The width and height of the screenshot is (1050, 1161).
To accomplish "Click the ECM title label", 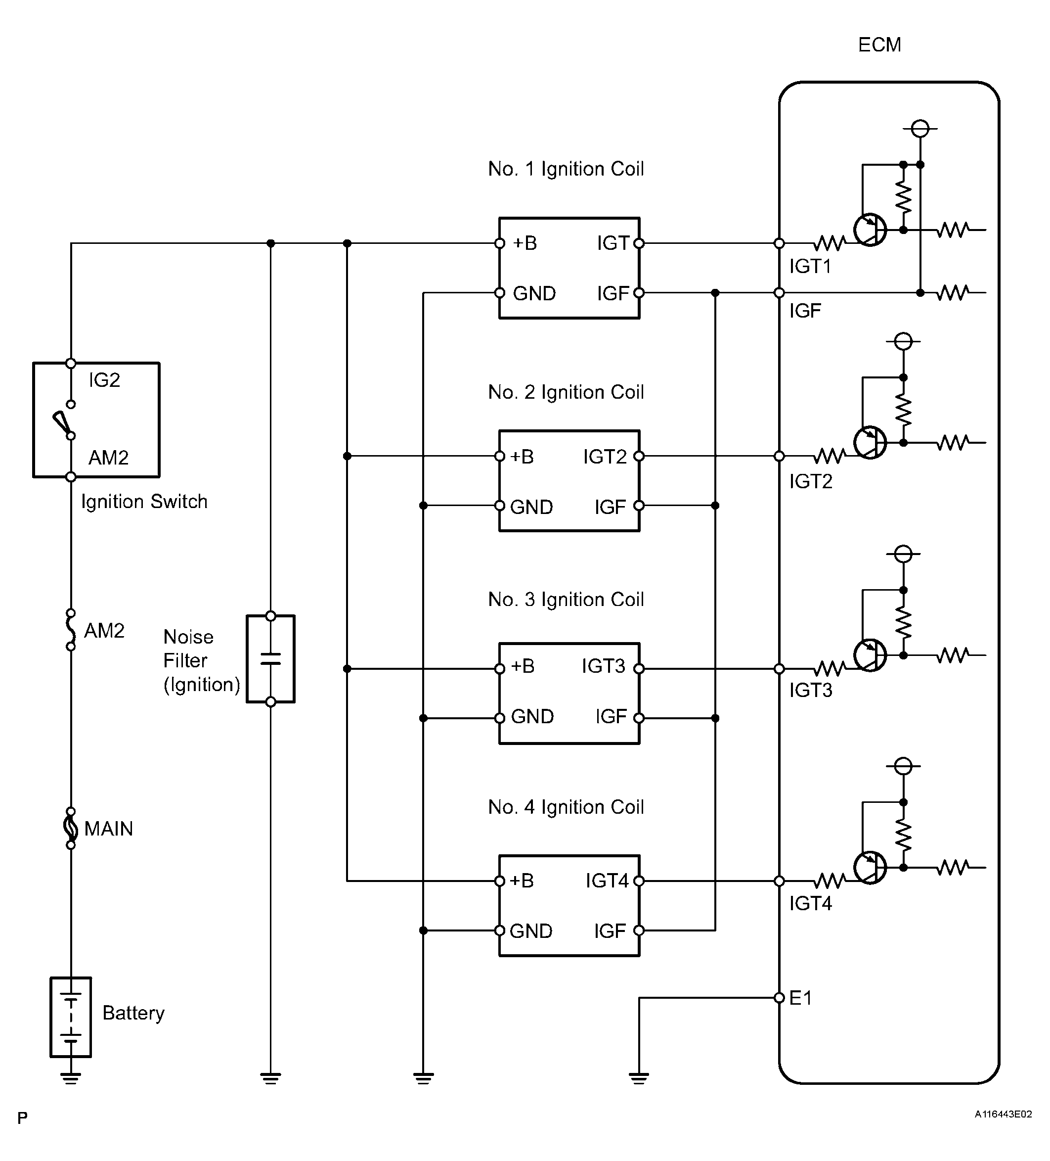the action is coord(879,45).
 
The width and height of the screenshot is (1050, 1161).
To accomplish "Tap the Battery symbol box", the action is coord(71,1017).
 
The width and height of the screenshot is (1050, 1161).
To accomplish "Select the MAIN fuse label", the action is coord(108,829).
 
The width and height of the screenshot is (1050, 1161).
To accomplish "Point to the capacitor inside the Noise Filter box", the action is coord(270,659).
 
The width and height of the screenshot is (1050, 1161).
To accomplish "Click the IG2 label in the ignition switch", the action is coord(104,380).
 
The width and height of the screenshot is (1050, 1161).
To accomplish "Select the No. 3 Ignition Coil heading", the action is coord(566,600).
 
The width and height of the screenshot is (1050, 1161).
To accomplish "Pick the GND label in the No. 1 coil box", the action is coord(534,293).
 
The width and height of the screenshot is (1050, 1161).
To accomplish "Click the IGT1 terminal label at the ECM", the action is coord(810,266).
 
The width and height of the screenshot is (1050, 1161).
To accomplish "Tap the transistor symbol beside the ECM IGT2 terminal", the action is coord(871,442).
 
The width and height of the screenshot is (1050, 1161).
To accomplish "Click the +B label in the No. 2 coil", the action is coord(522,457).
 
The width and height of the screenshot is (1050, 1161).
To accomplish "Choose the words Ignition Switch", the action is coord(144,502).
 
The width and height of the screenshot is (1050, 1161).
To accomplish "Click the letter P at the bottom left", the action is coord(22,1118).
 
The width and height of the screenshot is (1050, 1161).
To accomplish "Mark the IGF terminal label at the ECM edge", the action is coord(805,311).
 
